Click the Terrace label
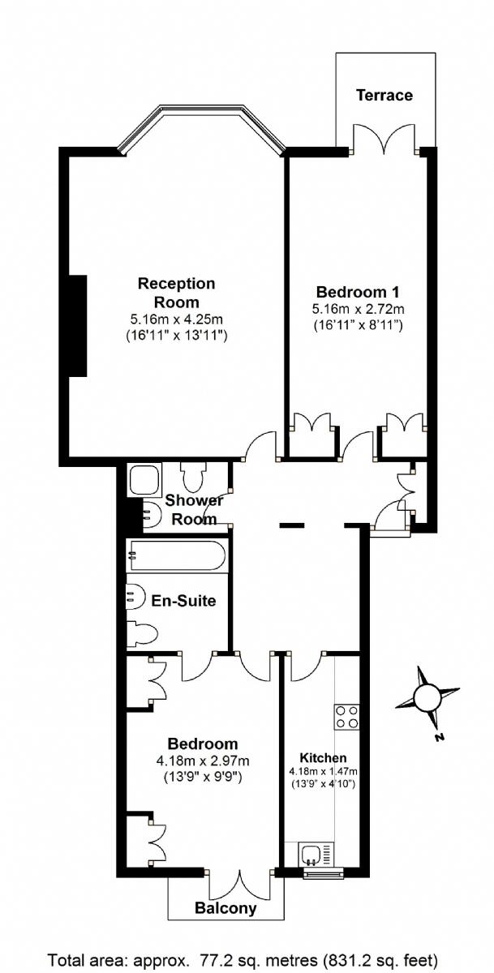[384, 96]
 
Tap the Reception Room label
[176, 292]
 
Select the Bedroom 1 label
[358, 292]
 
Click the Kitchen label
[323, 757]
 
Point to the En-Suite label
[184, 601]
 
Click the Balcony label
[226, 908]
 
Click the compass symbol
[427, 697]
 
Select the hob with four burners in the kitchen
[346, 716]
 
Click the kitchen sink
[311, 854]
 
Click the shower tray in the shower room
[143, 480]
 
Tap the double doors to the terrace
[384, 139]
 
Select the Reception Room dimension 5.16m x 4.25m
[176, 319]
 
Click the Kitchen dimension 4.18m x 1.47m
[323, 771]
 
